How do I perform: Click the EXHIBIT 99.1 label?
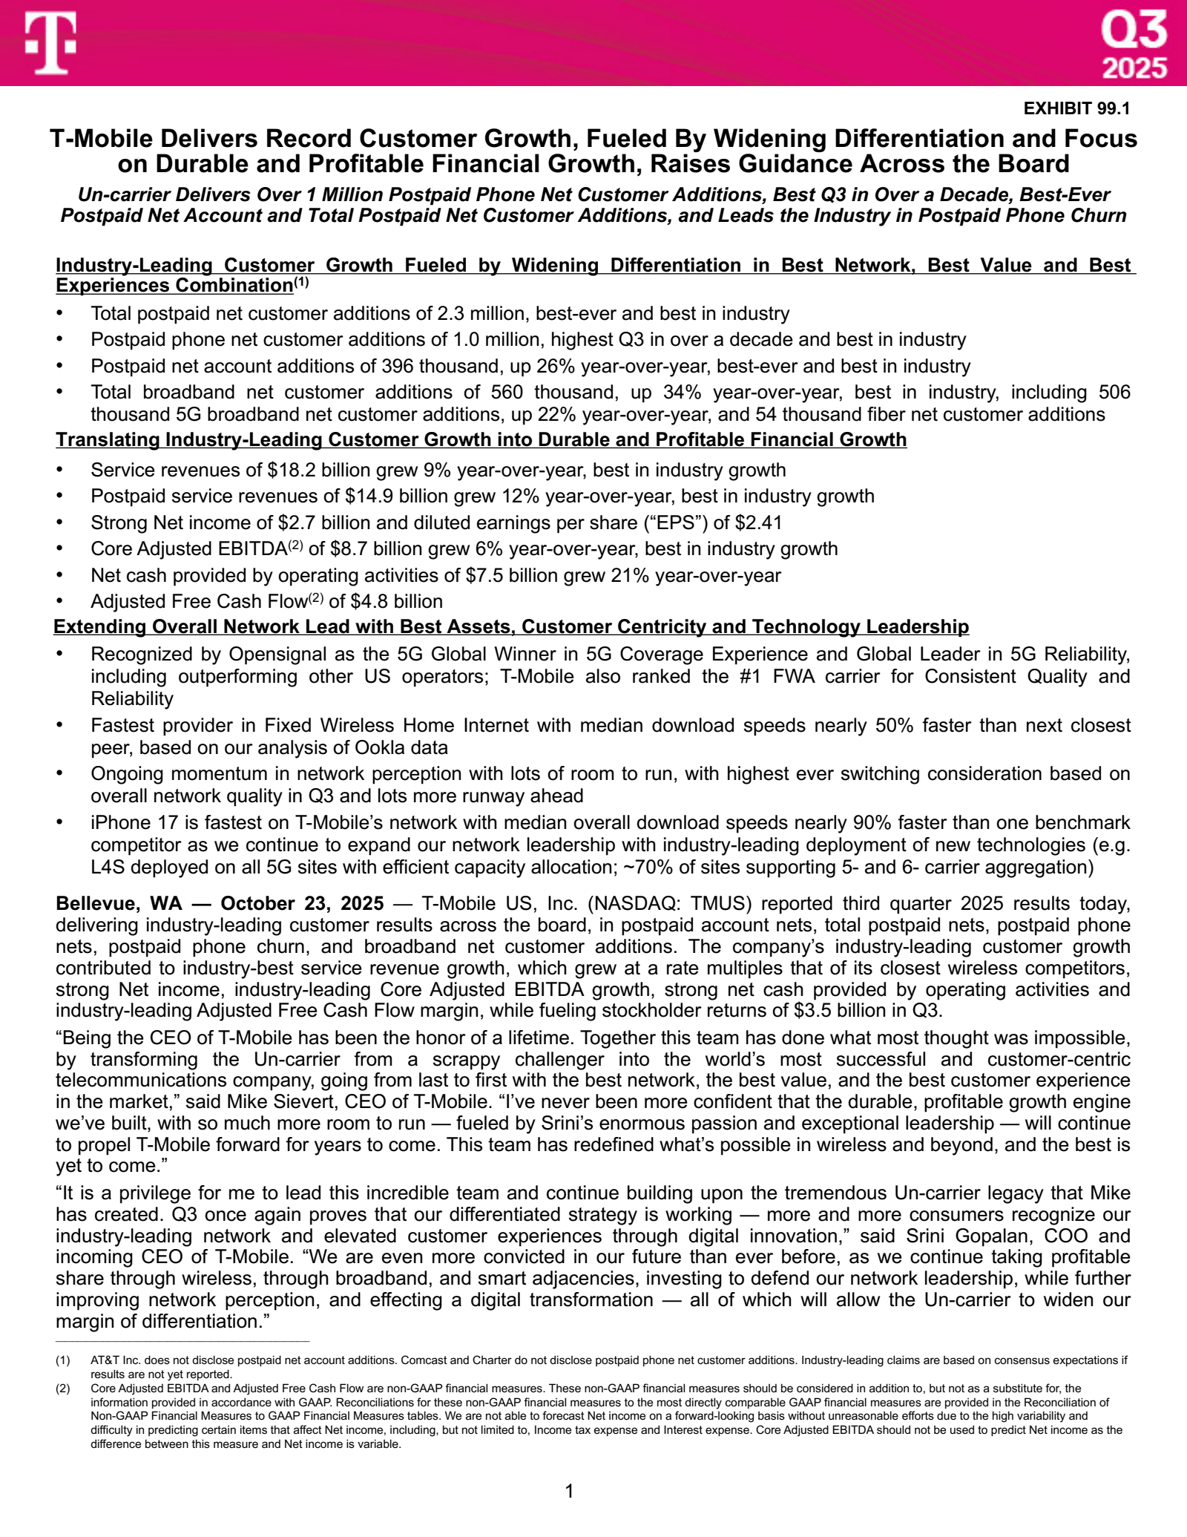pyautogui.click(x=1076, y=108)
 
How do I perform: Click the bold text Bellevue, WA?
pyautogui.click(x=119, y=903)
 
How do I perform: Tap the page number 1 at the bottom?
pyautogui.click(x=569, y=1491)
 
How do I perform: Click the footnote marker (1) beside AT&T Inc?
pyautogui.click(x=63, y=1360)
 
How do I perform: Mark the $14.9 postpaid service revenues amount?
pyautogui.click(x=368, y=496)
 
